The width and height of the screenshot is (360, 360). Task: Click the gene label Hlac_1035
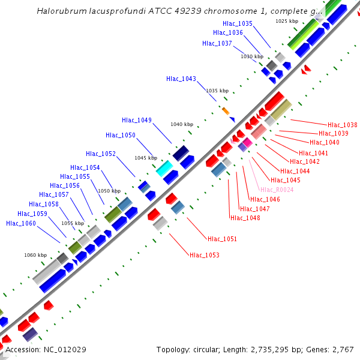[238, 23]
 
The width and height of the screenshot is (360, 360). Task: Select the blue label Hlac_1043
[181, 79]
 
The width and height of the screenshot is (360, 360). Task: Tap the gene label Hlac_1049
[137, 120]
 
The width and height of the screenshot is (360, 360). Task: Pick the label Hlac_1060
[21, 224]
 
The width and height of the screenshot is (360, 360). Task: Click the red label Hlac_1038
[343, 125]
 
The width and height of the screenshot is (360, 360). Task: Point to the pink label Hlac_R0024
[277, 190]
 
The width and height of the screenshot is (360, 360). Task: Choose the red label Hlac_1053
[205, 255]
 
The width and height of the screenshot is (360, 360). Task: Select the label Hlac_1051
[222, 239]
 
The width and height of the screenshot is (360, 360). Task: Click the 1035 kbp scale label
[217, 91]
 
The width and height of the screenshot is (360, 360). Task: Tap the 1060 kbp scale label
[35, 255]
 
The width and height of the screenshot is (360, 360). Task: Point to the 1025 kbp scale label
[287, 21]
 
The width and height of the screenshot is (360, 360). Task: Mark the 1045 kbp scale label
[146, 158]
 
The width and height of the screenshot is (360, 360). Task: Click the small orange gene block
[226, 111]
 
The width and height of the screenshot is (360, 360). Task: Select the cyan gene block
[164, 169]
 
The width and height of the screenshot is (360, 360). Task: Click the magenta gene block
[247, 142]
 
